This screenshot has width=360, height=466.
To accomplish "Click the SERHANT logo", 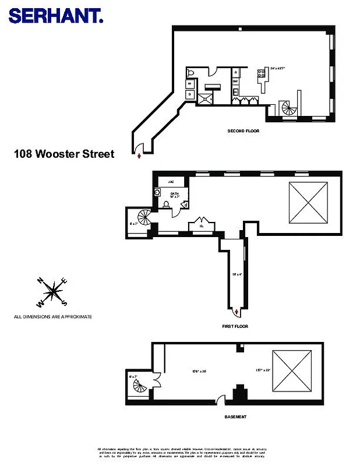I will point(56,15).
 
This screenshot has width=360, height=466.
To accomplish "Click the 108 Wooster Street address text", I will point(64,154).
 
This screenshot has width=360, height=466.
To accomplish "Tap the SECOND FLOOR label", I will point(243,131).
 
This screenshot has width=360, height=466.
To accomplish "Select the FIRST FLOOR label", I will point(235,326).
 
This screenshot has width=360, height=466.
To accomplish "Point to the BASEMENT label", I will point(235,417).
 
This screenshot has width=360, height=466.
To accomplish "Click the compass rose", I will point(53,291).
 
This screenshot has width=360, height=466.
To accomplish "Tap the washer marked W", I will point(190,84).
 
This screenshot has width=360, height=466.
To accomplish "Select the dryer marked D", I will point(190,94).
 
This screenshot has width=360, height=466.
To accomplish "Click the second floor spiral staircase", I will point(289,108).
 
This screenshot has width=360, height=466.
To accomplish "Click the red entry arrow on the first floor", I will point(235,313).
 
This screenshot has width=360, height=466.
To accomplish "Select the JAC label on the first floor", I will point(172,182).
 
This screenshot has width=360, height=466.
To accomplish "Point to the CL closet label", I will point(200,226).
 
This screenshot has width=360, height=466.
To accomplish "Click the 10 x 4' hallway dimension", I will point(237,274).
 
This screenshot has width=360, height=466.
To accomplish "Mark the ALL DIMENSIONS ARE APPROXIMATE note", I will point(53,317).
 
